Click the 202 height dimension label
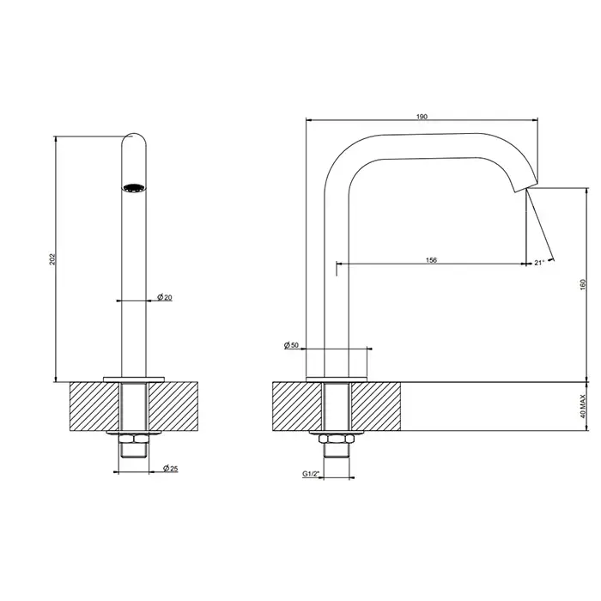coord(52,259)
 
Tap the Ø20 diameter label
coord(165,297)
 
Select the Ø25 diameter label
coord(171,468)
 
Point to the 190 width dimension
coord(422,117)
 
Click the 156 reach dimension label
coord(431,260)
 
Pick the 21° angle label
coord(539,263)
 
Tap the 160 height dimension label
coord(583,284)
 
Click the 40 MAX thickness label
coord(583,407)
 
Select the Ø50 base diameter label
coord(291,345)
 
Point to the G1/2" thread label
coord(311,474)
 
